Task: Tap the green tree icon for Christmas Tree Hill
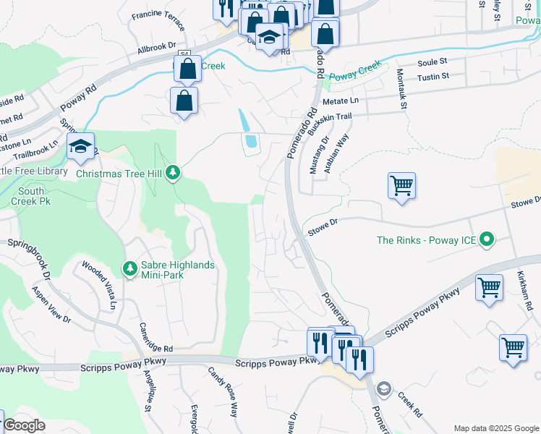click(x=173, y=172)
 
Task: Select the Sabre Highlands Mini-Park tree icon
click(x=130, y=269)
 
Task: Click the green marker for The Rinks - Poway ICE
click(x=487, y=239)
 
